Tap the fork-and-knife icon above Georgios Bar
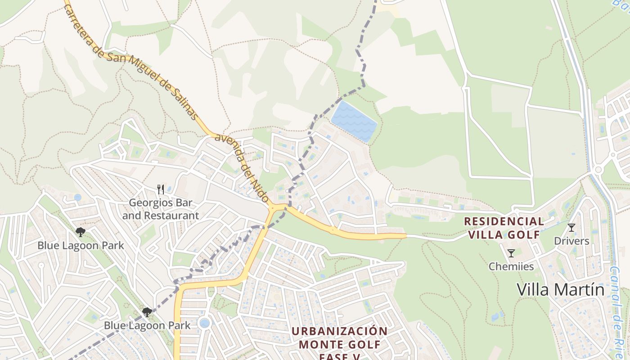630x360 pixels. click(x=161, y=189)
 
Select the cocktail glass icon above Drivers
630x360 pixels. click(x=571, y=228)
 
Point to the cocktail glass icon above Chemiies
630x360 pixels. click(x=511, y=253)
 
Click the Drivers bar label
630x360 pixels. click(x=571, y=241)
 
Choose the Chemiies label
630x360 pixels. click(x=511, y=266)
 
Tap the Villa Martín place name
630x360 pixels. click(x=560, y=289)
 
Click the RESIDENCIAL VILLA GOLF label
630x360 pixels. click(x=504, y=228)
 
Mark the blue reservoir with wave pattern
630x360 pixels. click(x=355, y=121)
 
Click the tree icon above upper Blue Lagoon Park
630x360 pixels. click(x=81, y=232)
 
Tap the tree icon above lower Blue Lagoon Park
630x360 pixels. click(x=147, y=312)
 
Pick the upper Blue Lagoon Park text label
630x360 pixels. click(x=81, y=246)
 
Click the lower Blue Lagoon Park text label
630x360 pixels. click(x=147, y=325)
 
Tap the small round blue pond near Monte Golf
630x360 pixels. click(x=204, y=323)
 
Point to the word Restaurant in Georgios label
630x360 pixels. click(x=171, y=216)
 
